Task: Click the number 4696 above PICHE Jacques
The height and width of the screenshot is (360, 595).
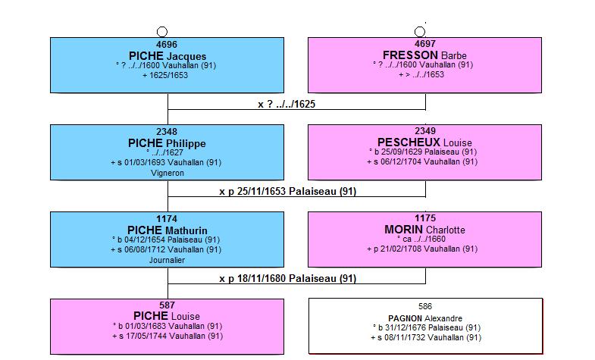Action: click(x=167, y=45)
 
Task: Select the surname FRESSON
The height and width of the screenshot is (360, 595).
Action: click(x=410, y=55)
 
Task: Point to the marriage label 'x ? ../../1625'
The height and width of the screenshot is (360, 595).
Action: click(x=287, y=105)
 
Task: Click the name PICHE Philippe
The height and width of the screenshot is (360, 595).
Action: click(x=167, y=143)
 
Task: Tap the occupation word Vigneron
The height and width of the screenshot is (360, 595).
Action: click(x=167, y=174)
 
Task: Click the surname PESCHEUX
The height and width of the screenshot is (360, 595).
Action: click(x=409, y=142)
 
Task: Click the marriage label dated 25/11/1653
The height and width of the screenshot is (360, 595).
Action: click(x=287, y=192)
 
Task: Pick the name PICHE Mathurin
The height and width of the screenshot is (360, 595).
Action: click(x=167, y=230)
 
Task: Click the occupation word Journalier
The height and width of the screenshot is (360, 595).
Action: click(x=167, y=260)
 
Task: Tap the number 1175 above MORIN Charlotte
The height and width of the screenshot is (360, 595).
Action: click(x=425, y=218)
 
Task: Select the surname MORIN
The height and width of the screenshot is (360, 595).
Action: click(x=404, y=230)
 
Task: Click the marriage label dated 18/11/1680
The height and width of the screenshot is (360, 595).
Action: click(x=287, y=279)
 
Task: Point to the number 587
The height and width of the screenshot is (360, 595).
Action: click(x=167, y=305)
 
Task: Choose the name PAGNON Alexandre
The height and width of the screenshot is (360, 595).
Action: click(x=425, y=318)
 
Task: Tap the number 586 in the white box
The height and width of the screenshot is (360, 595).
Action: click(x=425, y=306)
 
